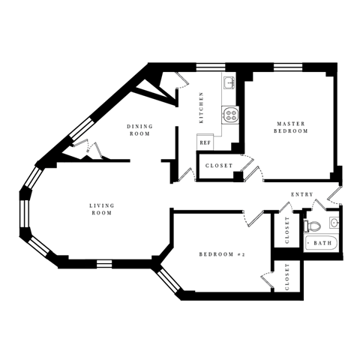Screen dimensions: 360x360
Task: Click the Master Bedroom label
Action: pos(292,127)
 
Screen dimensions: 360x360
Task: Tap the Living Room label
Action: pos(100,209)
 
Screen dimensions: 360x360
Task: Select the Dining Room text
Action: pos(139,130)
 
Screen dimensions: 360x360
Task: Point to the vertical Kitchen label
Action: pos(200,107)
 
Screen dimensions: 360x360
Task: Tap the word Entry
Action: pos(302,195)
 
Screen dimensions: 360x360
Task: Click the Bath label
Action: pos(322,243)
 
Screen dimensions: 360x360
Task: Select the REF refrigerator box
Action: pos(204,142)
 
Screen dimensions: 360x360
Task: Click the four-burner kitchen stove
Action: pos(229,115)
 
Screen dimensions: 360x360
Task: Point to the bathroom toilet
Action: pos(315,224)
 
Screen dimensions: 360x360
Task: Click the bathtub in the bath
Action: pos(322,243)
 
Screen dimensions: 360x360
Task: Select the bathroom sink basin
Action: pos(334,222)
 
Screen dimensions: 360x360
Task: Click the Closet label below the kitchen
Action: pos(218,165)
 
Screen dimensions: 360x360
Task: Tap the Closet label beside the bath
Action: pos(287,230)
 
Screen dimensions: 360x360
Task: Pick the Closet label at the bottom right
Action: pos(287,279)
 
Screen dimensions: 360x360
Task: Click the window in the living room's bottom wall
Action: pos(104,262)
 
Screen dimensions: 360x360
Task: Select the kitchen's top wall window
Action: pos(208,67)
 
